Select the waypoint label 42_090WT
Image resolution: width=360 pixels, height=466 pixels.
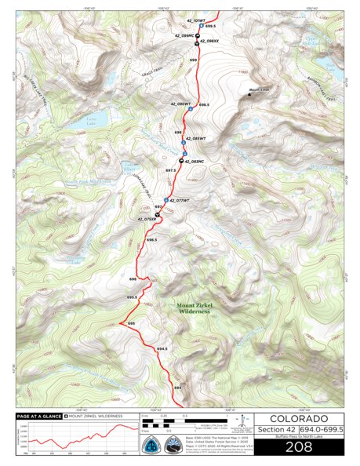click(x=180, y=104)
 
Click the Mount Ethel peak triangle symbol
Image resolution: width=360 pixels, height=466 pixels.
click(x=252, y=92)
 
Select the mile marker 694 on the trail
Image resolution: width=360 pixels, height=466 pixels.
click(x=177, y=387)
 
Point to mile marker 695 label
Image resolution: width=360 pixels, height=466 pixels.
click(x=132, y=323)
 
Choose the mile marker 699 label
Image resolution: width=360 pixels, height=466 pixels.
click(x=193, y=60)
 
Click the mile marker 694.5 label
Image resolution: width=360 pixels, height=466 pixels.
click(x=162, y=348)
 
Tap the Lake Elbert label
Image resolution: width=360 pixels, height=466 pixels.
click(x=132, y=166)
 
